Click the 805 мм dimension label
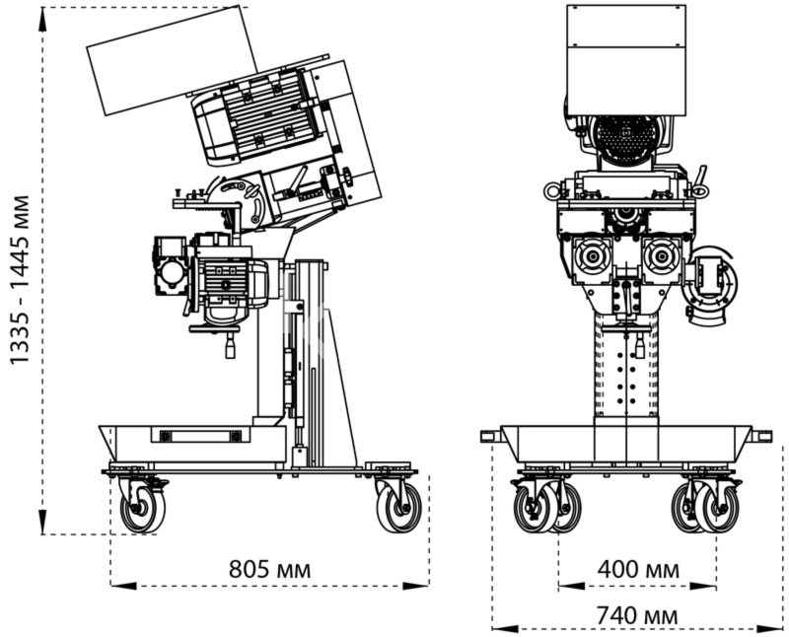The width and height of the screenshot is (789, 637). click(x=269, y=570)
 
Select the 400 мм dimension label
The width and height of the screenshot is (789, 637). click(x=638, y=569)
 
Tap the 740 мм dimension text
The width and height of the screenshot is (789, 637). click(x=637, y=615)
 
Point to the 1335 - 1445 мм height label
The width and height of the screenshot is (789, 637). click(x=21, y=279)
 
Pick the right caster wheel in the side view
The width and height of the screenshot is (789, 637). click(x=399, y=508)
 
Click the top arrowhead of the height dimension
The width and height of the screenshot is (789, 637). click(x=43, y=20)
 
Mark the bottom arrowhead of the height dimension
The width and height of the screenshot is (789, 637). click(x=43, y=522)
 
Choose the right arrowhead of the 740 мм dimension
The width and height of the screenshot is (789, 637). click(x=770, y=629)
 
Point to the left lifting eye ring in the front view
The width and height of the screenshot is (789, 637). click(x=553, y=191)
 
